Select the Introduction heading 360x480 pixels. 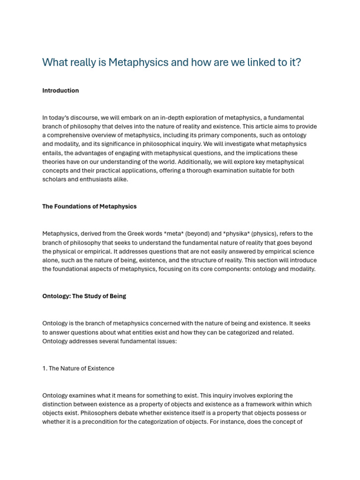tap(60, 90)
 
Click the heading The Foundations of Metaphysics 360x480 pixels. tap(90, 206)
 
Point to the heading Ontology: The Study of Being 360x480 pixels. tap(84, 296)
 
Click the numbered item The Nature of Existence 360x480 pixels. tap(78, 368)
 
